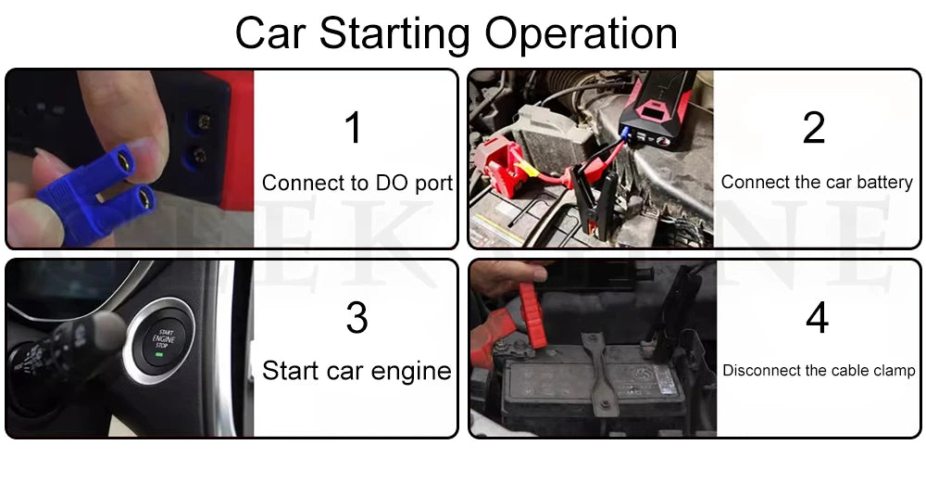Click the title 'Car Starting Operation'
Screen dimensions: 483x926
456,33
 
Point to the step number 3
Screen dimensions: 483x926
357,317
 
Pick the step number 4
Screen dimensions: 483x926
816,317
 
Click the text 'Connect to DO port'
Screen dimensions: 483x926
357,183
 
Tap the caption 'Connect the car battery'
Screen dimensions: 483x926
817,183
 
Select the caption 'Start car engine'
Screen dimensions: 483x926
357,372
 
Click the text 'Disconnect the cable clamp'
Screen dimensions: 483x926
819,371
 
